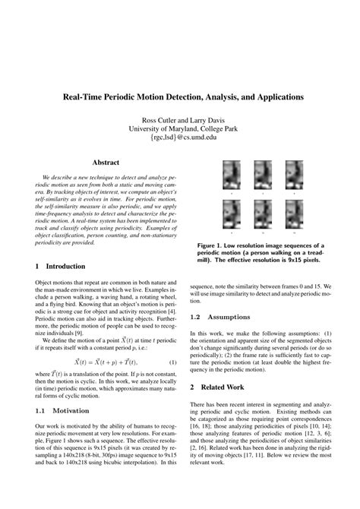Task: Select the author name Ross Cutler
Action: tap(158, 120)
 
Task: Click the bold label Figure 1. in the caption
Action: tap(213, 246)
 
